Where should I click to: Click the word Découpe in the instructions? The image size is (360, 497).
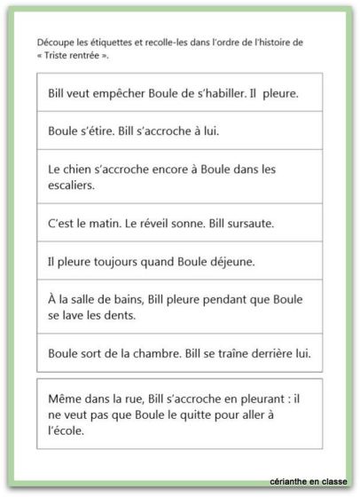click(x=51, y=43)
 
